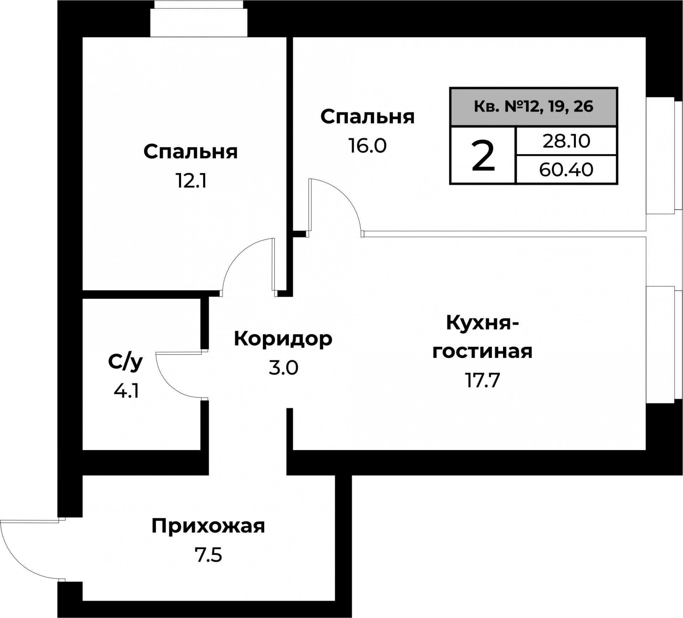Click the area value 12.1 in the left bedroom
point(191,181)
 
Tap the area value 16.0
point(367,146)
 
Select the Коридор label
point(283,339)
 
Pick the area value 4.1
point(126,391)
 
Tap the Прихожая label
point(208,526)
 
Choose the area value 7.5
point(208,555)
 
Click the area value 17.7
point(483,381)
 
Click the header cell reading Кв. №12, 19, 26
point(534,107)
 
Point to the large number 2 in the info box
point(483,155)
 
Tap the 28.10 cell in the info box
point(566,141)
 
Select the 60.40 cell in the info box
point(566,170)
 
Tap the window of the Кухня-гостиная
point(664,344)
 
